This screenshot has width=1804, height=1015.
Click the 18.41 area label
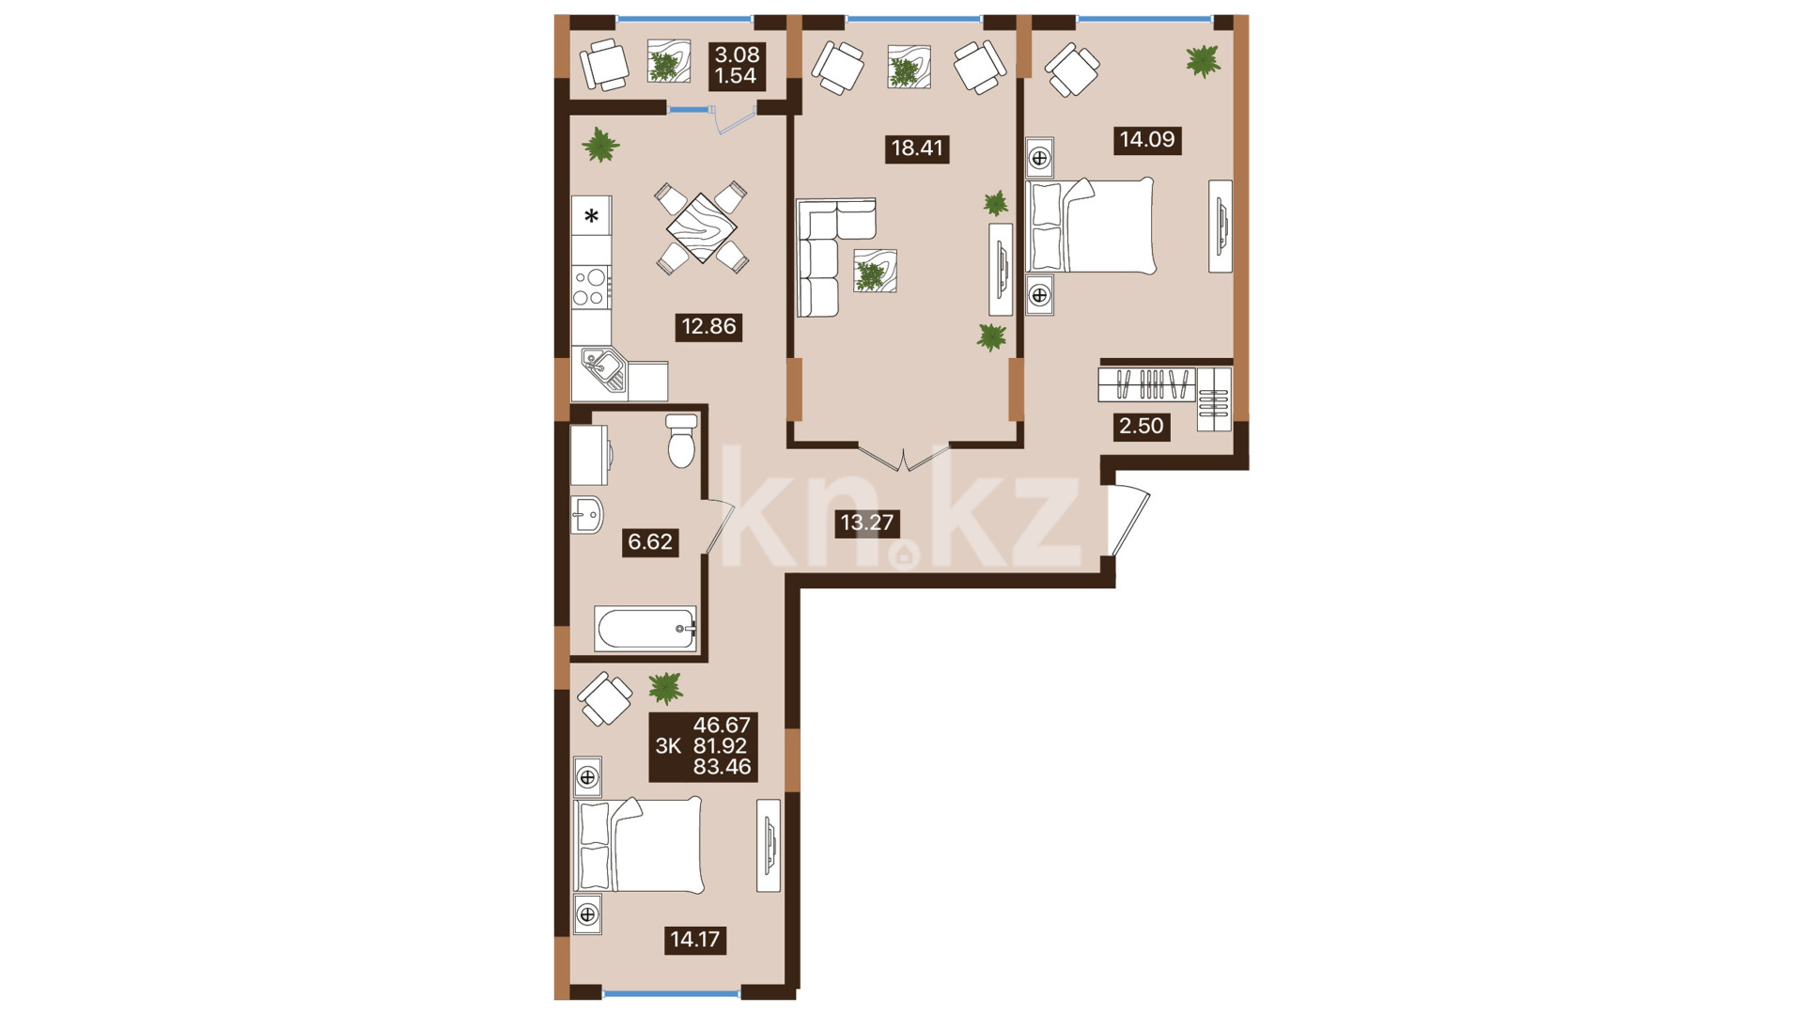coord(917,148)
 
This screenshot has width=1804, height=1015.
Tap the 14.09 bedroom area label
coord(1147,139)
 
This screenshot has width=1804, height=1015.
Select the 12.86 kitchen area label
coord(709,326)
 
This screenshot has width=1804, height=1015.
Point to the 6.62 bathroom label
coord(650,541)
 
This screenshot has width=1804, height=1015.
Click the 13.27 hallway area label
coord(867,523)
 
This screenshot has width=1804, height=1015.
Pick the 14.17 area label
coord(695,939)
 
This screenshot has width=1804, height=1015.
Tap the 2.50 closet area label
coord(1142,426)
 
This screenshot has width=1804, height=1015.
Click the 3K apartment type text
coord(668,746)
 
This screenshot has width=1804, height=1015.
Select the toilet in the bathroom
coord(681,441)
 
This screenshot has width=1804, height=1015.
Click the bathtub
coord(645,629)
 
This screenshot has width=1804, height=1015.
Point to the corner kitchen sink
coord(601,371)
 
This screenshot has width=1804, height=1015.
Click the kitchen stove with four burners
coord(591,288)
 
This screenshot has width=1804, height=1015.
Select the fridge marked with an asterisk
coord(591,215)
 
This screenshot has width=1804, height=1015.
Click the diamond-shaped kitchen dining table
coord(703,227)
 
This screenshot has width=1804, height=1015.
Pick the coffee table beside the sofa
coord(875,271)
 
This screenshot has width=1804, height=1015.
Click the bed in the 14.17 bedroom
coord(639,845)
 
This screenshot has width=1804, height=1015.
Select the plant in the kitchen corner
coord(600,145)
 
